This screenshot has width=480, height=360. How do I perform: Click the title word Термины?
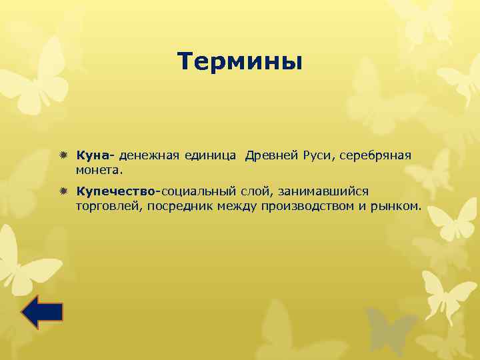pyautogui.click(x=240, y=62)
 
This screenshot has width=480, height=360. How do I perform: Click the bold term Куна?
pyautogui.click(x=94, y=155)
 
